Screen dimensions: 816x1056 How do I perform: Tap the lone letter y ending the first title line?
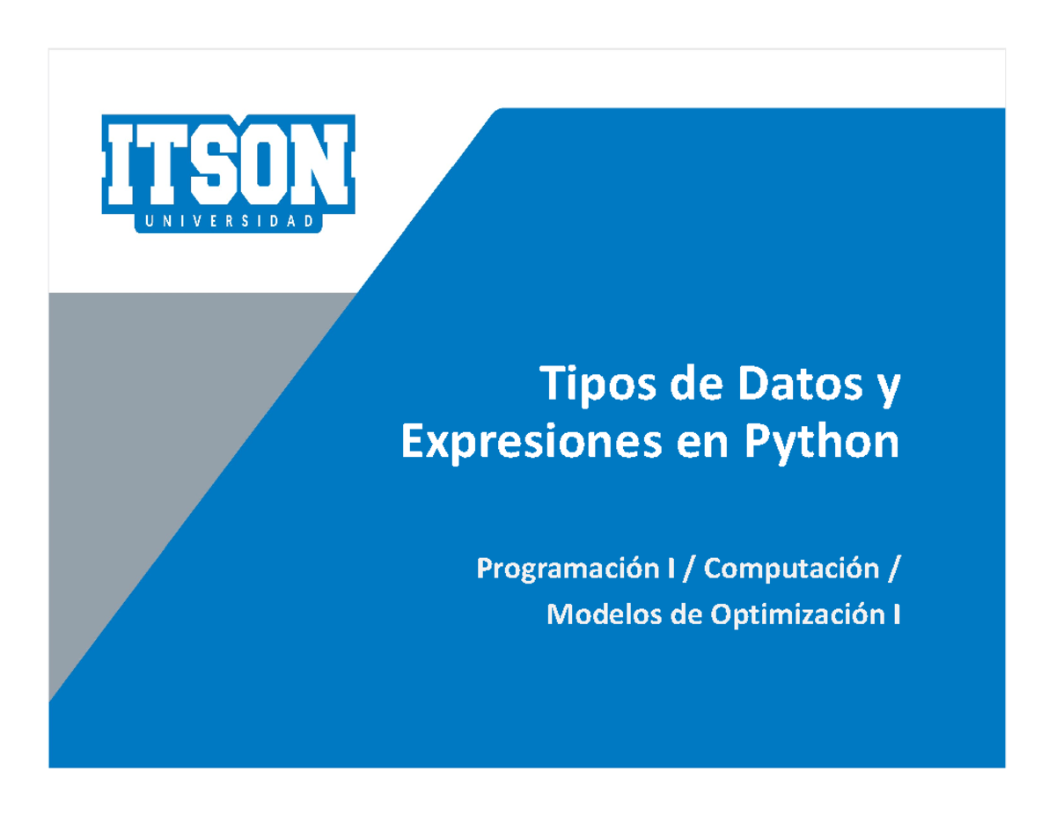(891, 393)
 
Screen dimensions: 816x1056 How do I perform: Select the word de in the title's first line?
(689, 389)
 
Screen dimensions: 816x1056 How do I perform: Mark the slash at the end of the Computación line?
(894, 571)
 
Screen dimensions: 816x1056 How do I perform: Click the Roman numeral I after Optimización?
(896, 614)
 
